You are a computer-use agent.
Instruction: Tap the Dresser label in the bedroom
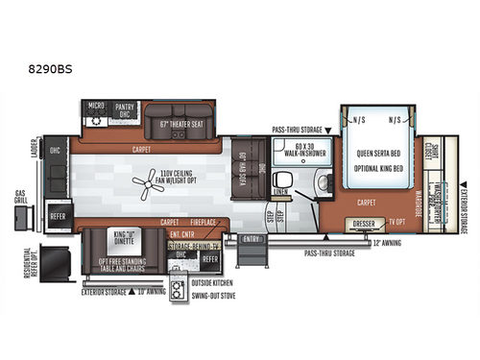point(363,224)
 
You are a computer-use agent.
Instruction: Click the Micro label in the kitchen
point(96,106)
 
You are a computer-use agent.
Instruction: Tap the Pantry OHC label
point(124,108)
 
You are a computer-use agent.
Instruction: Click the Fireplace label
point(204,223)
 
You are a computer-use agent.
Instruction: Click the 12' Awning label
point(385,243)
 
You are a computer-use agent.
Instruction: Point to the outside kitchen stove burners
point(178,293)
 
